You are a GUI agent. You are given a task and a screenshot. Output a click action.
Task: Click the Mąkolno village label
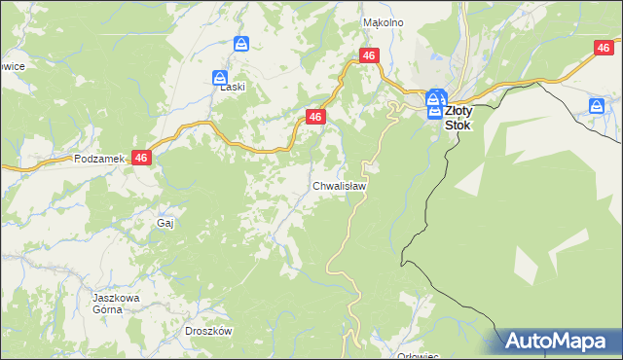pos(383,21)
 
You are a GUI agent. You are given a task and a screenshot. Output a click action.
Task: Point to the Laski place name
pos(232,86)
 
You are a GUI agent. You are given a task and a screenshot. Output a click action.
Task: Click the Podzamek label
pos(95,158)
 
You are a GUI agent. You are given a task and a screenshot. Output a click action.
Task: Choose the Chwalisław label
pos(339,185)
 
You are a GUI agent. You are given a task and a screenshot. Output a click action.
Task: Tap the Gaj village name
pos(165,223)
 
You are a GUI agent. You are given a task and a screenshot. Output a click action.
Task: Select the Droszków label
pos(208,331)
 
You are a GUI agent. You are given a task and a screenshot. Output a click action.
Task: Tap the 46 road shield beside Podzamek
pos(142,158)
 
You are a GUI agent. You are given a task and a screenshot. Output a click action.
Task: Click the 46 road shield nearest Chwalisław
pos(314,117)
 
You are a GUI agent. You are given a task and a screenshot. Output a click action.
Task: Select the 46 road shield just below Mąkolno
pos(368,56)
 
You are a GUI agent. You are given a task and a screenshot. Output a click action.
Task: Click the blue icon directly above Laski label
pos(221,78)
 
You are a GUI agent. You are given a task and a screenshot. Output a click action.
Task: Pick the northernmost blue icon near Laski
pos(242,45)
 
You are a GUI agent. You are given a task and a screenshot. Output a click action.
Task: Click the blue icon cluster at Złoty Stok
pos(435,101)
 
